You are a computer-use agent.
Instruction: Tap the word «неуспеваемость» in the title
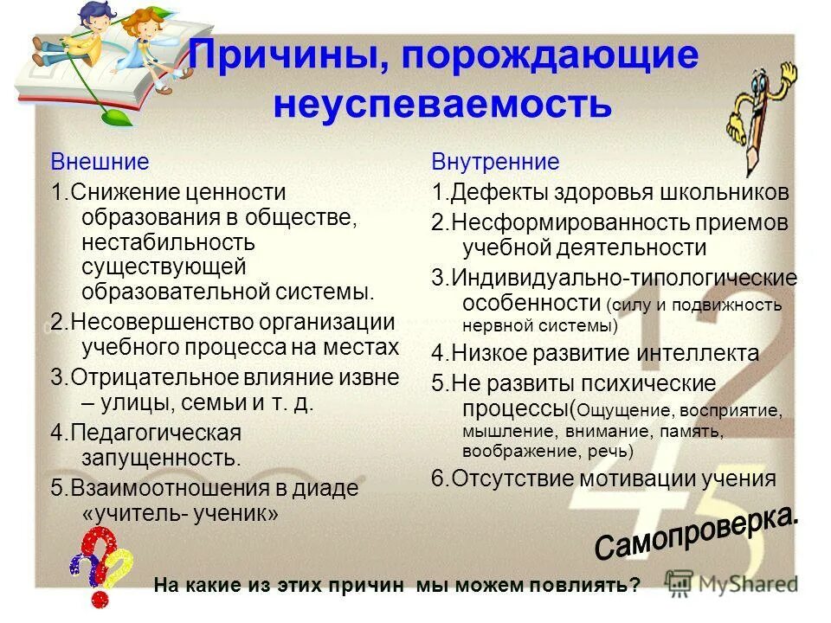(x=442, y=105)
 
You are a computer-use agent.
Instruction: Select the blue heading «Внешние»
(x=100, y=162)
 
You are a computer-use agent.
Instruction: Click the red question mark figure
(x=97, y=567)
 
